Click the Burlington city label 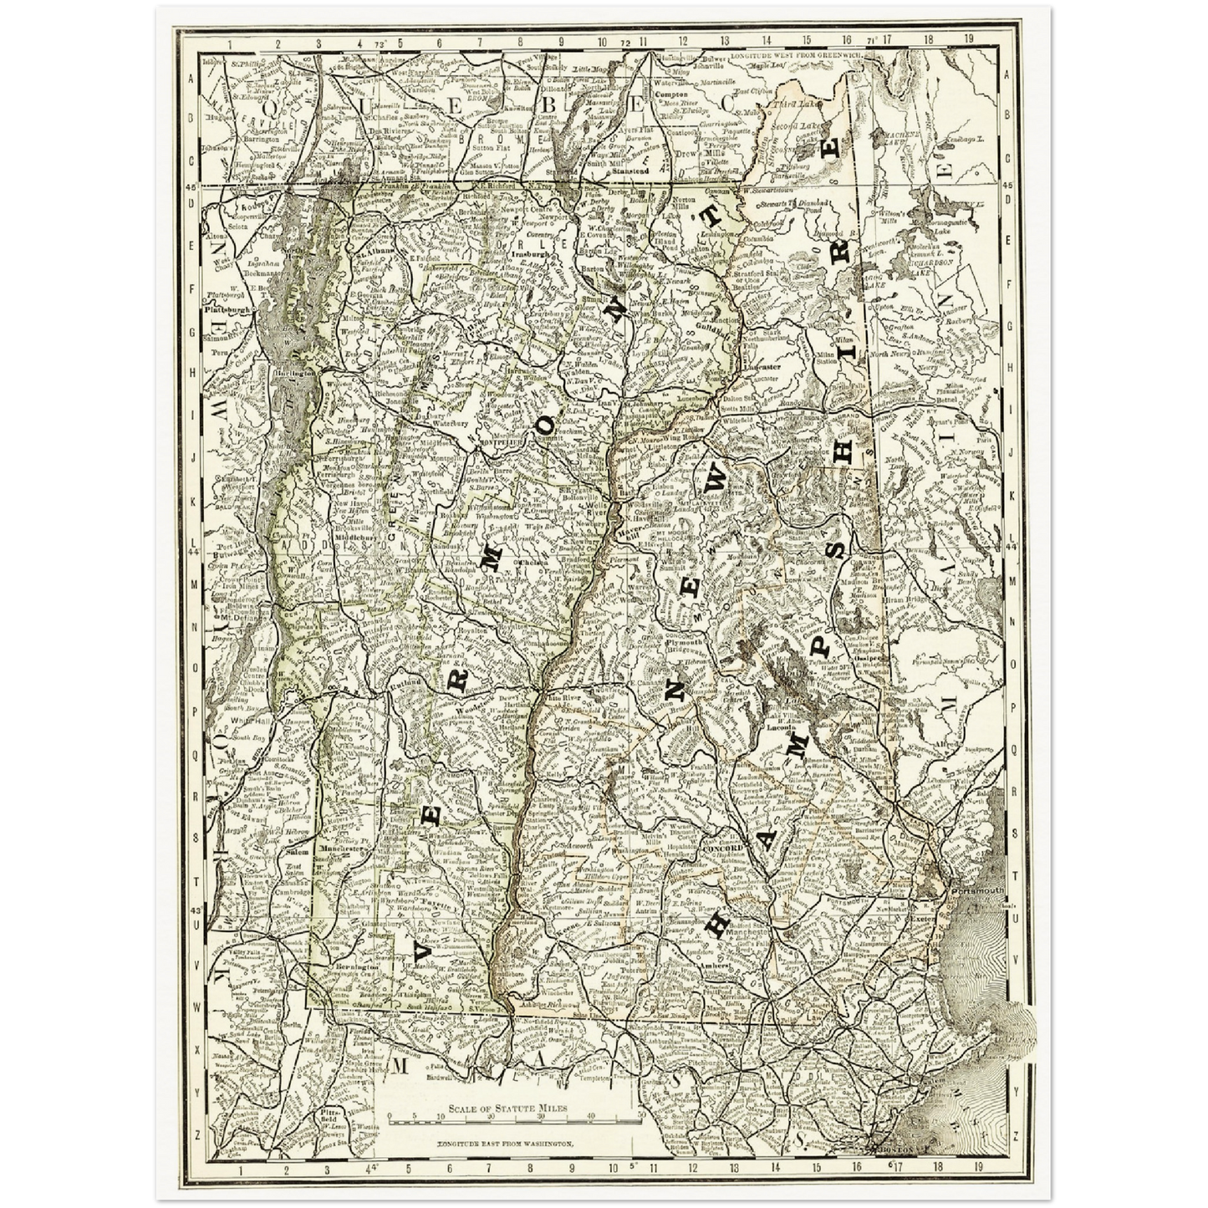296,373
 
